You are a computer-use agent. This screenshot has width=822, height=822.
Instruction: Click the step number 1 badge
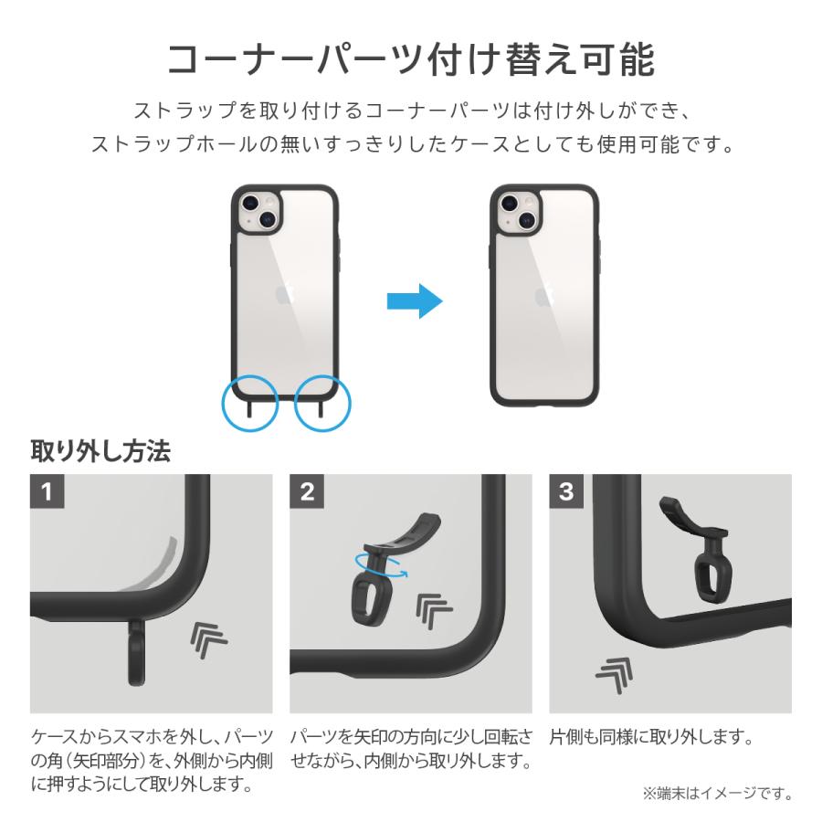coord(47,492)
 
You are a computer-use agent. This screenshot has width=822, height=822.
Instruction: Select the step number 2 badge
coord(307,492)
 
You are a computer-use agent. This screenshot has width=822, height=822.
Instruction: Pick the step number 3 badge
coord(566,492)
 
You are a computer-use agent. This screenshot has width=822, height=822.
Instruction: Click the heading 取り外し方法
coord(100,451)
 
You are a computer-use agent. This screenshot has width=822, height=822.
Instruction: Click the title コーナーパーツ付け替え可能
coord(410,61)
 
